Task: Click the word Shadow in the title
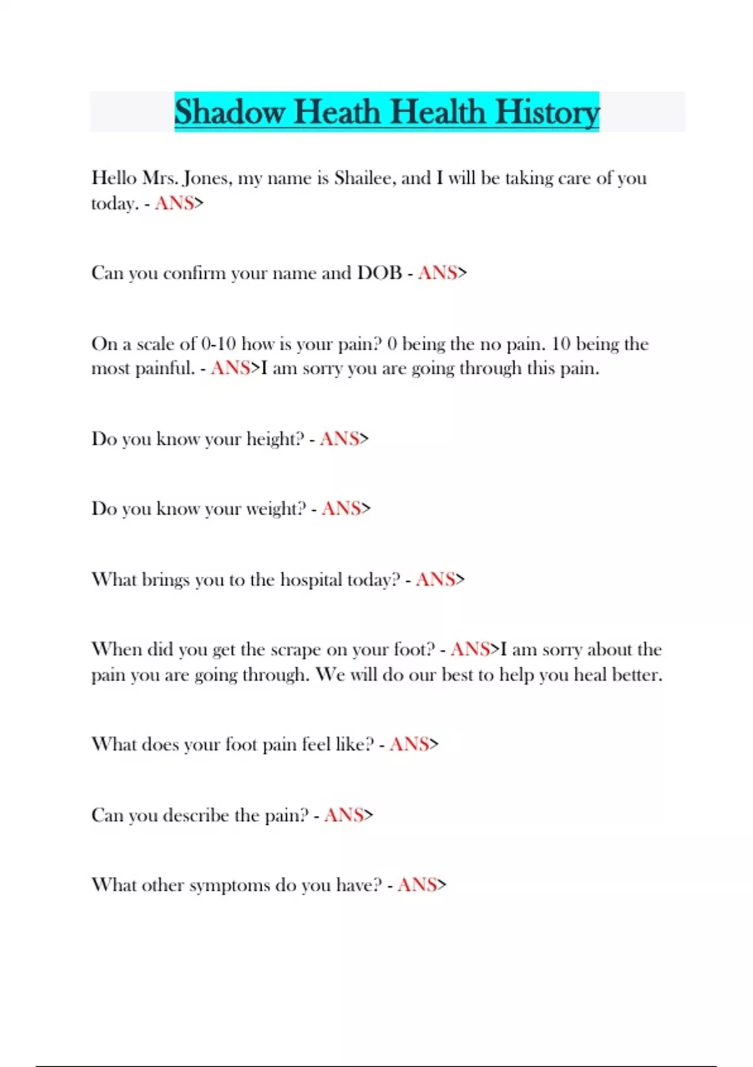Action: [x=230, y=112]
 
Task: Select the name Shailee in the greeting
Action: [x=364, y=178]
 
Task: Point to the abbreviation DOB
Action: [x=380, y=273]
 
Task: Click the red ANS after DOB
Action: [x=437, y=273]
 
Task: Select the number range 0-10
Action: [x=218, y=344]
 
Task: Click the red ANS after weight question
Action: [x=341, y=508]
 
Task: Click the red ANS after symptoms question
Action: [x=417, y=885]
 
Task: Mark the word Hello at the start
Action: [x=114, y=178]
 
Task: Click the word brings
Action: [x=165, y=580]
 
